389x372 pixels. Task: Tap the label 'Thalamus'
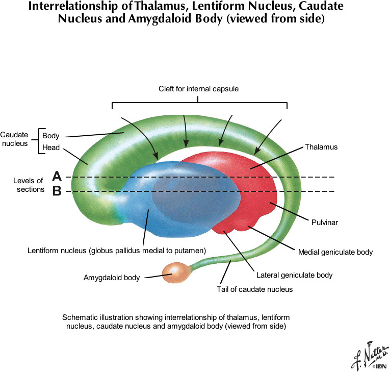[x=321, y=147]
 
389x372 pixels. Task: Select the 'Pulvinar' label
[x=325, y=222]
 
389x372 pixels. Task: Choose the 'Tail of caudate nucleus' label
[x=255, y=289]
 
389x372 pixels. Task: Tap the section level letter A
[x=57, y=177]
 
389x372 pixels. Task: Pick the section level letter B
[x=57, y=191]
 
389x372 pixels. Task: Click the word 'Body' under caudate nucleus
[x=50, y=136]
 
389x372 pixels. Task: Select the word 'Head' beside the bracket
[x=50, y=148]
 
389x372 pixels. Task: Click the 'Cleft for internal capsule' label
[x=199, y=89]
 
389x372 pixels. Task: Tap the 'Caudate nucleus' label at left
[x=15, y=139]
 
